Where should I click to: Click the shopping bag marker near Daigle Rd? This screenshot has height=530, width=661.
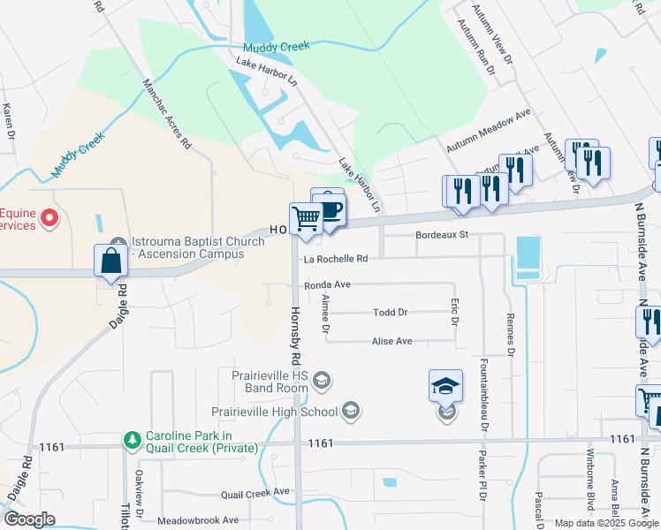coord(110,261)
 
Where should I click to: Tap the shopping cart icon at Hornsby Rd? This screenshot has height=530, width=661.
coord(306,218)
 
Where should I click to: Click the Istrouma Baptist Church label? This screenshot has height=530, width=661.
coord(187,247)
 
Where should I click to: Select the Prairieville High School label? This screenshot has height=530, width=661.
coord(274,411)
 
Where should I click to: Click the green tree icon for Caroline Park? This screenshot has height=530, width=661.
coord(133,439)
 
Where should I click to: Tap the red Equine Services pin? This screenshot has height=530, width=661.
coord(49,217)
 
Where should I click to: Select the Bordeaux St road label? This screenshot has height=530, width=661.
coord(441,236)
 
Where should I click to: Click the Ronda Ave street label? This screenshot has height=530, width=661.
coord(328,285)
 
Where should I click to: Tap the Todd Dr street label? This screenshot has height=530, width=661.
coord(390,313)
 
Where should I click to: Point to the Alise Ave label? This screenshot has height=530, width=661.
coord(392,341)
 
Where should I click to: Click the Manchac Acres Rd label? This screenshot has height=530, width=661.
coord(167,113)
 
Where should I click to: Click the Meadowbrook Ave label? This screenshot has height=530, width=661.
coord(199,520)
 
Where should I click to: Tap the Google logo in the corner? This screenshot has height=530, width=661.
coord(29,519)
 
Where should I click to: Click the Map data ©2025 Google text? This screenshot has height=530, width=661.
coord(605,523)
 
